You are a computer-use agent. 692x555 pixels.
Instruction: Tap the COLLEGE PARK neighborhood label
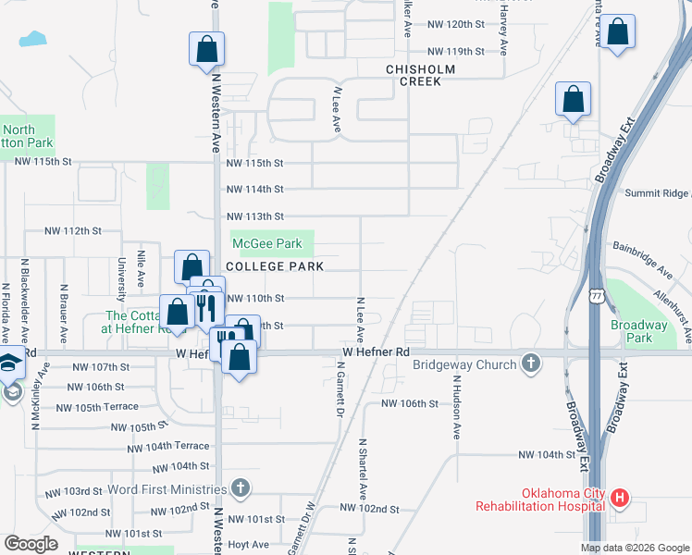click(274, 266)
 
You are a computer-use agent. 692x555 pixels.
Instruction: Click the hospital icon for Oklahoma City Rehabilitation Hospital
click(619, 499)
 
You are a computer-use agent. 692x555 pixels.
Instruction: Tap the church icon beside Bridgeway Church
click(531, 364)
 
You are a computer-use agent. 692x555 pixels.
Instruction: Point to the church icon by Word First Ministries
click(240, 487)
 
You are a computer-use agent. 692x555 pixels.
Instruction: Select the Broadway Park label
click(638, 331)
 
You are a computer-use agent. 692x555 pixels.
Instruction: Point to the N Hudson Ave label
click(456, 406)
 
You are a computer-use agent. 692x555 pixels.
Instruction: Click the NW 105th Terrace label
click(96, 407)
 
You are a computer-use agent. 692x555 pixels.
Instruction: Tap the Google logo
click(31, 545)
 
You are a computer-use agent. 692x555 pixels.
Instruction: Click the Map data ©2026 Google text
click(635, 548)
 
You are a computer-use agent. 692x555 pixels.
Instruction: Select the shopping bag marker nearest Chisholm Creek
click(573, 101)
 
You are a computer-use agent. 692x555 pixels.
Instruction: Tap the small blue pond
click(32, 39)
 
